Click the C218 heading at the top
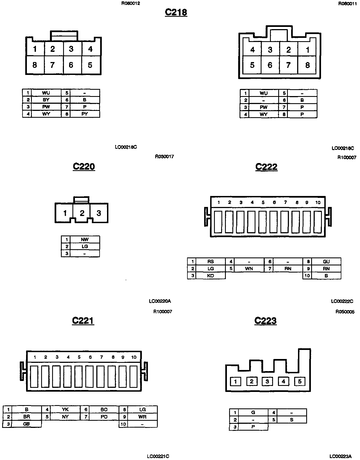coord(176,12)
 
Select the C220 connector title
coord(84,167)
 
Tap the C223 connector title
coord(265,321)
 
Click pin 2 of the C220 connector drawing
coord(82,213)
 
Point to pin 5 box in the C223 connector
coord(300,381)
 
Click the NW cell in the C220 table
coord(85,239)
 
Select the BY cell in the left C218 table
coord(46,100)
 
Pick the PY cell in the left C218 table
coord(85,114)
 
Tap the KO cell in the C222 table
coord(210,276)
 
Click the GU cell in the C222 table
coord(326,262)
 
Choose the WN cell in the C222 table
coord(249,269)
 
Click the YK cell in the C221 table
coord(65,409)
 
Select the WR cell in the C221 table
coord(142,417)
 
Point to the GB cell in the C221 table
coord(27,424)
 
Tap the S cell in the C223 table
coord(291,420)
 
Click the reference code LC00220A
coord(160,301)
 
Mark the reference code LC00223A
coord(340,456)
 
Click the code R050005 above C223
coord(345,312)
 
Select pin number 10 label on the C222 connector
coord(318,203)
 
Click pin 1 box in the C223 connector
coord(235,382)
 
